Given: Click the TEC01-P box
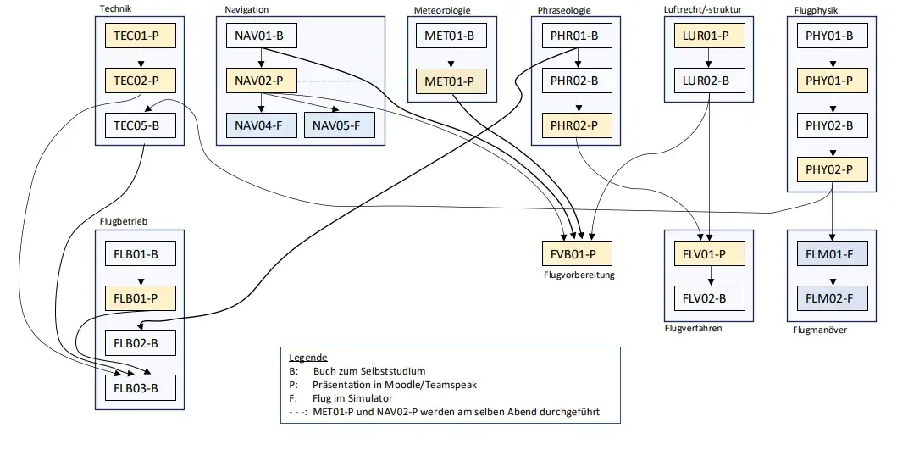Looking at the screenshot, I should coord(140,36).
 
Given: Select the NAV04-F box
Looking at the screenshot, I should coord(261,126).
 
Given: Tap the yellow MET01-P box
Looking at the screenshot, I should coord(450,82).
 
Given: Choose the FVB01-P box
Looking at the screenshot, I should coord(577,253).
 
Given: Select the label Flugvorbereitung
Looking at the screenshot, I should coord(579,275).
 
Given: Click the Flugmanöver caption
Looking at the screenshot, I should coord(820,330).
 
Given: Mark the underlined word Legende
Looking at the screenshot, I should coord(307,358).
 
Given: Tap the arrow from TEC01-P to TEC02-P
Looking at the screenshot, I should coord(140,58).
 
